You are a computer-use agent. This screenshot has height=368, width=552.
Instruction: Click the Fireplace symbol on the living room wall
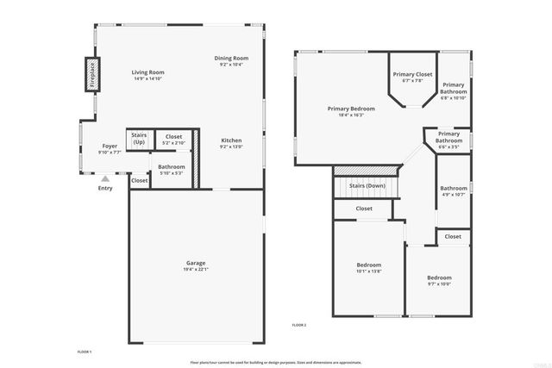91,74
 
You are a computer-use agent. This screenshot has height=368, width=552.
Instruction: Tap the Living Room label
147,72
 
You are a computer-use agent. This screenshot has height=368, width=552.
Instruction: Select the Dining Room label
232,58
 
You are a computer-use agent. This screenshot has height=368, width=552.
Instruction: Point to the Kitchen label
231,140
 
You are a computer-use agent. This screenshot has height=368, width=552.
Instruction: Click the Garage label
196,263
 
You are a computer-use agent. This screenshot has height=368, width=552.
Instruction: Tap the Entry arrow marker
105,178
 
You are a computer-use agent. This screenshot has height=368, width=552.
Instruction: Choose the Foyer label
110,147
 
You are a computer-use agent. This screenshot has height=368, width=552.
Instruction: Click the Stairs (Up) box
138,138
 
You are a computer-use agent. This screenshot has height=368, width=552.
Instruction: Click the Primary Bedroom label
351,109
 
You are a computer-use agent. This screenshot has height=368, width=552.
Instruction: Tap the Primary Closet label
412,75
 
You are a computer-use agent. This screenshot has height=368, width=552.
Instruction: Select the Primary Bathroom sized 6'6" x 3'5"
448,137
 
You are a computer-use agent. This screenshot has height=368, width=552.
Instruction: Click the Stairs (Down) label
367,185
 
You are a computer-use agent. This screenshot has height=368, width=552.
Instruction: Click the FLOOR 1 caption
84,352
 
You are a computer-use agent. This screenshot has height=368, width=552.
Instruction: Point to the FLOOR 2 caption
299,324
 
